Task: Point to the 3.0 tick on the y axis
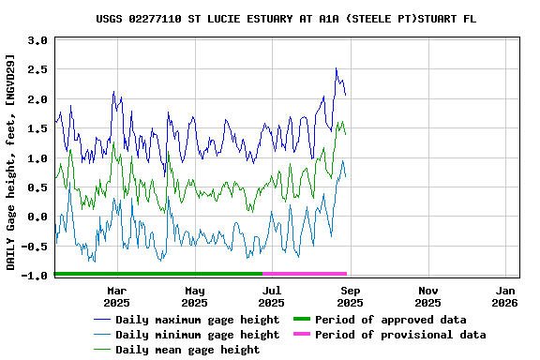point(37,41)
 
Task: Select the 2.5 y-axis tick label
point(37,70)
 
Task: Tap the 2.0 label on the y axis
point(37,99)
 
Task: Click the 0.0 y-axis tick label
point(37,217)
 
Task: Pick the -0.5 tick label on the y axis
point(35,247)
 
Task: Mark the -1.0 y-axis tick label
point(35,276)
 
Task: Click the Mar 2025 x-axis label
point(117,296)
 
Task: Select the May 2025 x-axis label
point(195,296)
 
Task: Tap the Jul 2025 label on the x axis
point(272,296)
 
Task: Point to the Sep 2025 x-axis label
point(350,296)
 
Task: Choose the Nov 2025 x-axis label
point(427,296)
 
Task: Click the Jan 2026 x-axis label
point(505,296)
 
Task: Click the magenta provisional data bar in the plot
point(305,274)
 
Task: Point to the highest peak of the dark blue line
point(336,68)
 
